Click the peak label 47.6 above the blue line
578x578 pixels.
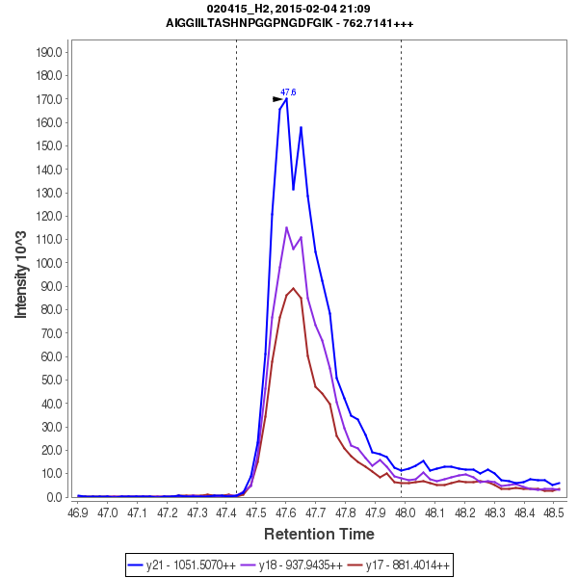(x=288, y=92)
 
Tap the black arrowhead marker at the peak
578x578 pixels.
(x=278, y=99)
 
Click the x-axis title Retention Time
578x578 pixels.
(x=319, y=534)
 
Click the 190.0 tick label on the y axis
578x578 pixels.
(x=50, y=52)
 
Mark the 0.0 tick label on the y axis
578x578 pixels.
(x=56, y=497)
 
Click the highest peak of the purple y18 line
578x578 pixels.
(x=286, y=227)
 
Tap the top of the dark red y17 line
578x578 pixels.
(x=294, y=288)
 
